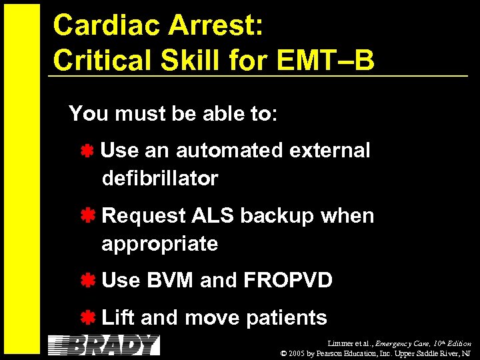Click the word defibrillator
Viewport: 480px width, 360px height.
(x=160, y=179)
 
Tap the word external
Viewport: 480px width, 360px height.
(x=329, y=151)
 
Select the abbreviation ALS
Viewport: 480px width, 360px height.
(x=213, y=216)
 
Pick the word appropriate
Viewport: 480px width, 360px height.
(x=160, y=244)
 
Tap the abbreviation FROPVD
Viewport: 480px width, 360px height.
(x=288, y=281)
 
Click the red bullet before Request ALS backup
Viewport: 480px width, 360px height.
(x=87, y=216)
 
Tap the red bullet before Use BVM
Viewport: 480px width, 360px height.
(x=87, y=281)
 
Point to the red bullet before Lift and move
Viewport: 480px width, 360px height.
(x=87, y=318)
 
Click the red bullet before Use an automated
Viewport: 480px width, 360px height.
(x=87, y=151)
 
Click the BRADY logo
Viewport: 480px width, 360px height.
(x=105, y=345)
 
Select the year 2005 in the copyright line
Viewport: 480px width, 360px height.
(x=301, y=353)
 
